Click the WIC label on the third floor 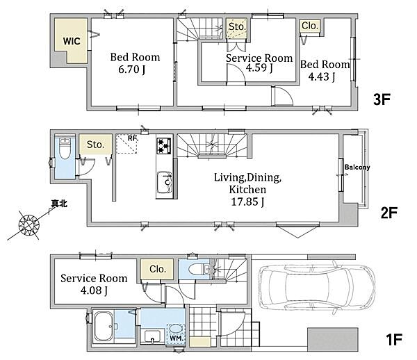pyautogui.click(x=72, y=41)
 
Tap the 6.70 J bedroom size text pyautogui.click(x=131, y=69)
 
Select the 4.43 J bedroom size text pyautogui.click(x=322, y=76)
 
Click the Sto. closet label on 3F pyautogui.click(x=237, y=26)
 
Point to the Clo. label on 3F pyautogui.click(x=310, y=26)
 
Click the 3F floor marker pyautogui.click(x=382, y=99)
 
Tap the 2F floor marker pyautogui.click(x=389, y=213)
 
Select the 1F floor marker pyautogui.click(x=394, y=340)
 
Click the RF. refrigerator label pyautogui.click(x=133, y=138)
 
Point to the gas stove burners pyautogui.click(x=163, y=145)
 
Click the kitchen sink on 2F pyautogui.click(x=164, y=182)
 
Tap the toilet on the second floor pyautogui.click(x=64, y=148)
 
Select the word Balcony pyautogui.click(x=357, y=167)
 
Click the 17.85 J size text pyautogui.click(x=247, y=202)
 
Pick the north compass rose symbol pyautogui.click(x=29, y=225)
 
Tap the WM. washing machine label pyautogui.click(x=176, y=338)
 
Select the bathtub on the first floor pyautogui.click(x=104, y=326)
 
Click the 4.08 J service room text pyautogui.click(x=94, y=291)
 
